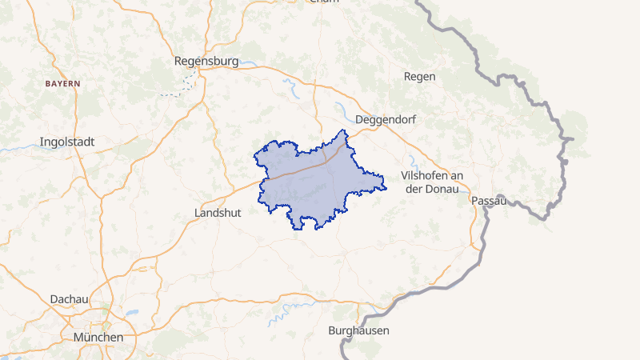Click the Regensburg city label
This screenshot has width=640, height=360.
(x=207, y=61)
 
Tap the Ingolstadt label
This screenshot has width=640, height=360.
(x=67, y=142)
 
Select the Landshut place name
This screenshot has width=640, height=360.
(x=218, y=213)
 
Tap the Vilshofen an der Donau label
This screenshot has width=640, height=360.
(x=434, y=182)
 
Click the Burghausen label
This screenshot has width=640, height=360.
(x=358, y=330)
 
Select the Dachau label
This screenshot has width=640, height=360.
(x=69, y=298)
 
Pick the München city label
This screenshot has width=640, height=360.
(x=98, y=337)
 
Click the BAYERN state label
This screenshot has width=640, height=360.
(x=62, y=83)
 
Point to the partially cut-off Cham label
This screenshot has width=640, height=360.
(x=324, y=2)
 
